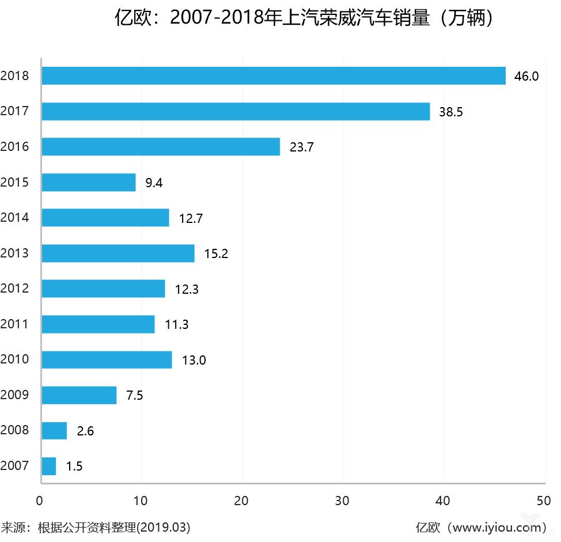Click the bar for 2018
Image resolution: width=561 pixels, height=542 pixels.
(x=274, y=76)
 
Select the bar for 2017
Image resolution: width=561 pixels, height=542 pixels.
(x=236, y=112)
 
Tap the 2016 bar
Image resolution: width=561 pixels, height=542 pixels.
(x=161, y=147)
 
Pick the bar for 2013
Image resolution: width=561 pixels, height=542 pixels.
(x=118, y=253)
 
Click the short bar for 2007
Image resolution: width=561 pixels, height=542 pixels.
(x=49, y=466)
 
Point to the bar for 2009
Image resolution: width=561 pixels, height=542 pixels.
(x=79, y=395)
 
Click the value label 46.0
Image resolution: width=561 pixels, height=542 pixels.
(x=526, y=77)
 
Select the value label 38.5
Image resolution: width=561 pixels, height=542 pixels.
(x=450, y=112)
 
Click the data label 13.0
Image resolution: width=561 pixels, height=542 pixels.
(x=194, y=361)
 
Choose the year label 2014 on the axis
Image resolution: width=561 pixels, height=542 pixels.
(x=15, y=218)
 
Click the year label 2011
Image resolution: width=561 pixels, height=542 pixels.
(x=15, y=324)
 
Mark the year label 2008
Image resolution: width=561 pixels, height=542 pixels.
(x=15, y=430)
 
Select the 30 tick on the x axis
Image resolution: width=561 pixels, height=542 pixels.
(x=343, y=501)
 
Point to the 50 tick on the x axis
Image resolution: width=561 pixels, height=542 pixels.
(x=544, y=501)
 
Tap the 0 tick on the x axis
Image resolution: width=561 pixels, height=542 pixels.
(x=40, y=501)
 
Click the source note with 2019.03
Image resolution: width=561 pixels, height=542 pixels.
(x=96, y=527)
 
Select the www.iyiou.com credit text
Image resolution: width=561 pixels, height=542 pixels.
(x=480, y=527)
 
